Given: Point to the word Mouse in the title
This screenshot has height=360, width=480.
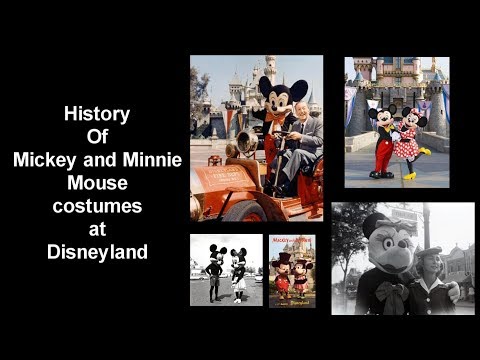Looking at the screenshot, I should coord(98,184).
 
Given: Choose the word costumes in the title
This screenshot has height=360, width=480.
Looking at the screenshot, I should coord(98,207).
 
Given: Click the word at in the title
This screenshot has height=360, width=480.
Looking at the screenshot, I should coord(98,229).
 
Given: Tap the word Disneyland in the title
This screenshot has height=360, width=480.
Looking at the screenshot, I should coord(98,252).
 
